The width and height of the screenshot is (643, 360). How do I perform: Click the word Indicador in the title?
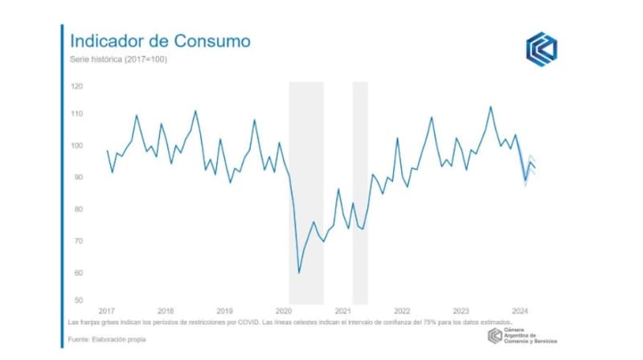coord(109,40)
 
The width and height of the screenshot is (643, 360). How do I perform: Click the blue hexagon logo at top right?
coord(541,48)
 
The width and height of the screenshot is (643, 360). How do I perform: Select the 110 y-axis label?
coord(77,114)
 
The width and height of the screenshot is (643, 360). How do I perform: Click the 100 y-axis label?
coord(77,145)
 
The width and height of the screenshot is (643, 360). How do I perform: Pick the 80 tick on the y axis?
coord(77,209)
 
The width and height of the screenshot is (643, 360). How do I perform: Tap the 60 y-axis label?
coord(77,272)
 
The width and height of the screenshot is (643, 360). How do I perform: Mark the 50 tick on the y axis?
coord(77,301)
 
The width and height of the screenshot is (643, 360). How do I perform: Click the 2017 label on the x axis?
coord(106,310)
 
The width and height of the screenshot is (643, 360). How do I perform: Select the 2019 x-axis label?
coord(224,310)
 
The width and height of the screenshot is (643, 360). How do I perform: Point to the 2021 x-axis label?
coord(343,310)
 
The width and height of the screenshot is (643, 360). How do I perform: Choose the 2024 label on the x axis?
coord(520,310)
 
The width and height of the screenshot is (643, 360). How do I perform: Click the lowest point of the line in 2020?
coord(299,273)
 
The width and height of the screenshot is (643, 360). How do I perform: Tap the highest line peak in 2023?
coord(490,106)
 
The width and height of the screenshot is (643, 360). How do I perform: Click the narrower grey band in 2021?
coord(360,193)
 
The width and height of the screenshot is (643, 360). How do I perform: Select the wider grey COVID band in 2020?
coord(306,193)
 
